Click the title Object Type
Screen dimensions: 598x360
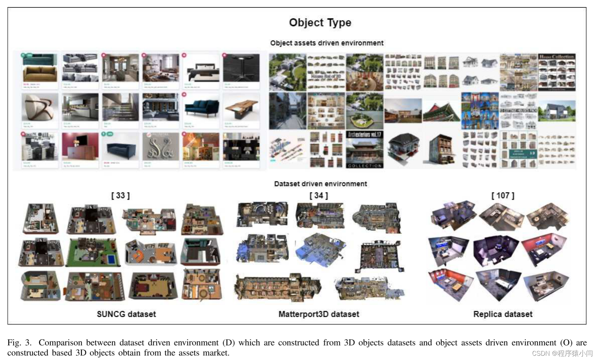point(320,23)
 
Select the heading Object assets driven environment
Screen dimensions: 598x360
point(327,43)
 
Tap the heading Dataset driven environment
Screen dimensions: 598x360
point(320,184)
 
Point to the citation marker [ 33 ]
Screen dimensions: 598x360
point(120,196)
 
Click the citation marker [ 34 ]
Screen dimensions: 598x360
point(318,196)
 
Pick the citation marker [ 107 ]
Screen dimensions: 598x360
point(503,196)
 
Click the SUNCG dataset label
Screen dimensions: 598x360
point(126,314)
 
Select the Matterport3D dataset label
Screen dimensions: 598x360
point(318,314)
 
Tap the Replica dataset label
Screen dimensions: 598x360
point(503,314)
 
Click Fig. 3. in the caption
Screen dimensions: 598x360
point(19,343)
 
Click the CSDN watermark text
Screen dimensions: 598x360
point(562,353)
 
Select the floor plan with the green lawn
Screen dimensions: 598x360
point(94,252)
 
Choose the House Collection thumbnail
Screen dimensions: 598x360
point(557,72)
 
